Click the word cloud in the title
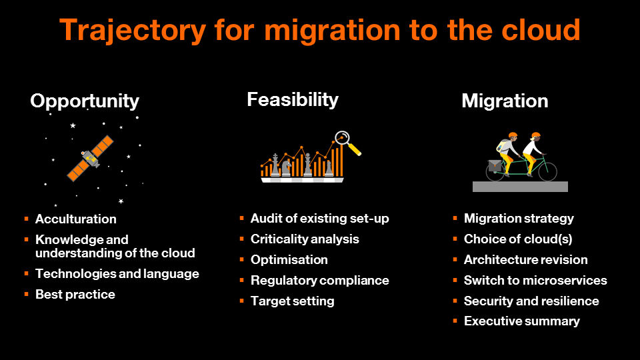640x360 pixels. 541,30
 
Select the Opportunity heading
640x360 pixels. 85,101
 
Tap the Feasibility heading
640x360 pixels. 293,100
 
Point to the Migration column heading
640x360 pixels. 505,101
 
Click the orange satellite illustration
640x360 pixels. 90,159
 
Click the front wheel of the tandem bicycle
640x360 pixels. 548,171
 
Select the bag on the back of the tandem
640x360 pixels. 495,165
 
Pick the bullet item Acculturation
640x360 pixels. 76,219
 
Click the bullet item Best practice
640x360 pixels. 75,294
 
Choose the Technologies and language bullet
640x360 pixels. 117,274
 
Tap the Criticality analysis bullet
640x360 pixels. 305,239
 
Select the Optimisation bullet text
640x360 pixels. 289,259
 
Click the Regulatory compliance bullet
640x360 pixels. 319,281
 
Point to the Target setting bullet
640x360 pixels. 292,301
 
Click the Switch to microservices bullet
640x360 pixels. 535,281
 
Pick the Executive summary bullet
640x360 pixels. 521,321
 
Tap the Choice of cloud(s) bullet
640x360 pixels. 518,239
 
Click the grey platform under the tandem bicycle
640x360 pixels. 520,187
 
